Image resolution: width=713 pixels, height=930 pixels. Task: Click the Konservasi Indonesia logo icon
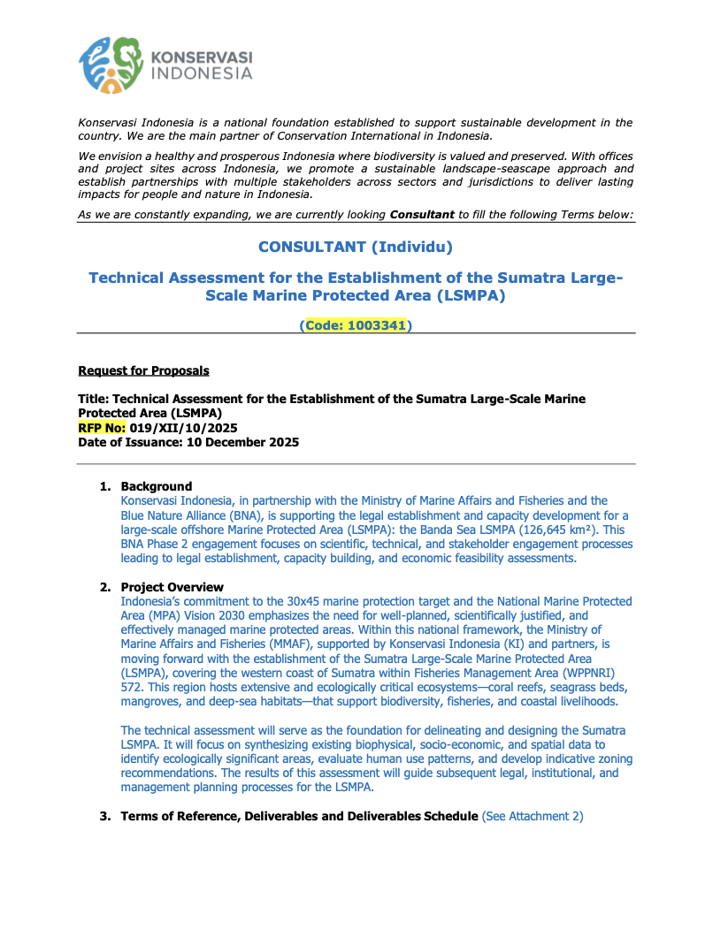111,65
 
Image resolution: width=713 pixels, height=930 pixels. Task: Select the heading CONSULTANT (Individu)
356,246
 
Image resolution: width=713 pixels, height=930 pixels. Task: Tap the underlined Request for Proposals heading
143,370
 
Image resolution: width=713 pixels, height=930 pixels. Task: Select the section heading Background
156,486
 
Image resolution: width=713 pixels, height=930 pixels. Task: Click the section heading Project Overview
172,587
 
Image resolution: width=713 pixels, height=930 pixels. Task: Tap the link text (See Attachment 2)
533,816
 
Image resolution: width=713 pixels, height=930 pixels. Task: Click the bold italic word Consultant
422,215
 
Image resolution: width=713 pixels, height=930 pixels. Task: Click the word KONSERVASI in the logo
203,57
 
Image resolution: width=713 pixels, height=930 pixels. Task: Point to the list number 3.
103,816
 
